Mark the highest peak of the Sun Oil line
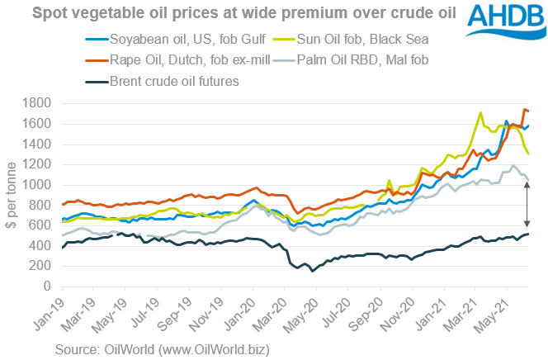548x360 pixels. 480,113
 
